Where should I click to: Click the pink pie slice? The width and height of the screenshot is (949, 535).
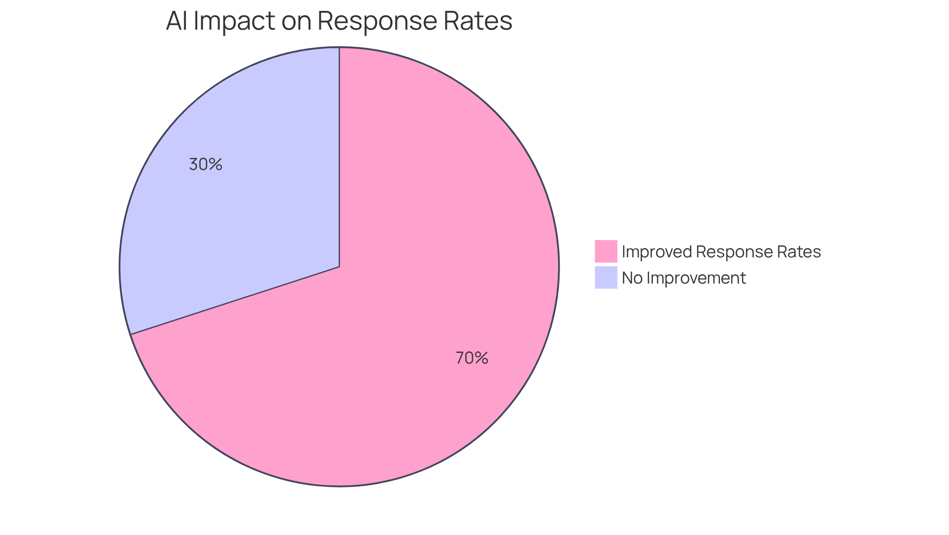pos(420,296)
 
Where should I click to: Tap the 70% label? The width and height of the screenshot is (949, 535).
pos(472,358)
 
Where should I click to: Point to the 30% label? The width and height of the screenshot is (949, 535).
pos(206,165)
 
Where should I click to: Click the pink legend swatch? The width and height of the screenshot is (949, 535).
pos(605,251)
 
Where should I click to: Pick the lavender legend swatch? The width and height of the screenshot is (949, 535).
pos(605,277)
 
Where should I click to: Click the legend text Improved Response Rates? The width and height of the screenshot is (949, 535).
pos(721,251)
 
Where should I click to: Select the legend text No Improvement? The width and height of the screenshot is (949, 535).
pos(684,278)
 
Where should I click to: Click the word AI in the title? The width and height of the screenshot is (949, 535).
pos(176,21)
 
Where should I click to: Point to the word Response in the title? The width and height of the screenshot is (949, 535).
pos(376,21)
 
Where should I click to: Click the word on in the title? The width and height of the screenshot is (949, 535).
pos(296,21)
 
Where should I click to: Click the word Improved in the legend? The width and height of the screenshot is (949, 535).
pos(657,251)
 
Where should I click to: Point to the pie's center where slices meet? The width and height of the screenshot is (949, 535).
pos(339,267)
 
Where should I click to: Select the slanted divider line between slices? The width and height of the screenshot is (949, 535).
pos(235,300)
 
